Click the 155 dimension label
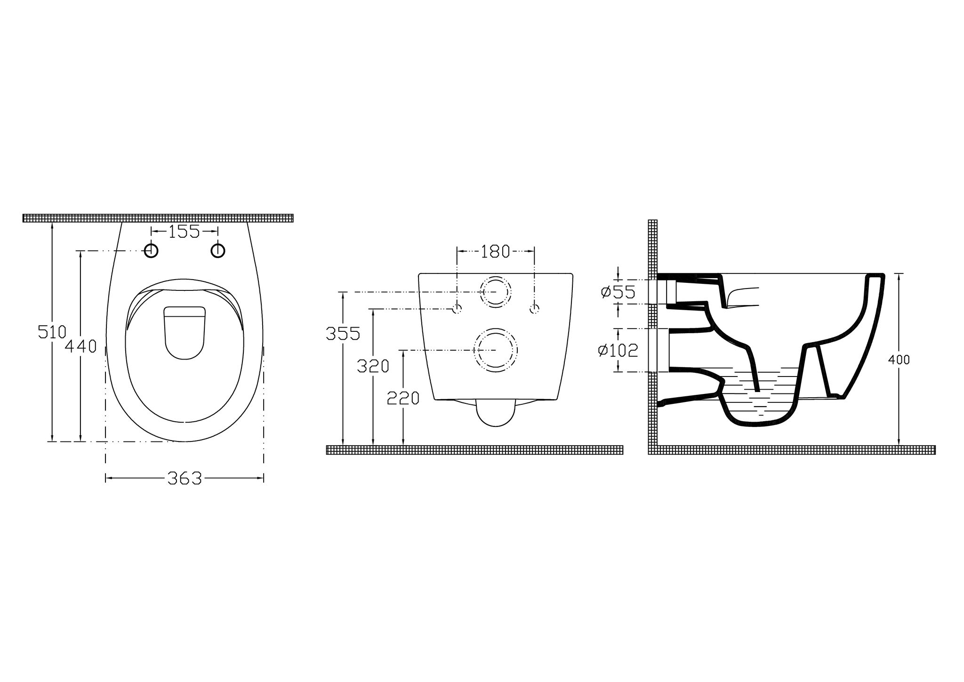[x=184, y=232]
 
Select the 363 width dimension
[x=185, y=479]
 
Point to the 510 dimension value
[x=52, y=332]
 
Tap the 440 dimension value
[x=80, y=347]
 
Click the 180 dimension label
[x=495, y=252]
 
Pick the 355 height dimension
[x=343, y=334]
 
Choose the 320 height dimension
[x=373, y=366]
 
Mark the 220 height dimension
[x=403, y=398]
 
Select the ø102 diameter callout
[x=618, y=350]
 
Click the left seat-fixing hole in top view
[x=151, y=251]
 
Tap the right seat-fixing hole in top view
[x=217, y=251]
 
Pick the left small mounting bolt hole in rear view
[x=457, y=309]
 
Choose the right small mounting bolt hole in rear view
[x=534, y=309]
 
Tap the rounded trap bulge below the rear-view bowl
[x=496, y=414]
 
